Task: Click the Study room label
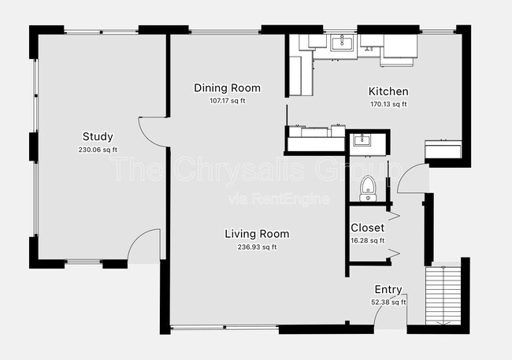98,136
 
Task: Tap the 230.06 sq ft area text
98,150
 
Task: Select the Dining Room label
228,88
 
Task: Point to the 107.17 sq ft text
228,101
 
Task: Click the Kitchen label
388,91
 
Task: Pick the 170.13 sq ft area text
388,104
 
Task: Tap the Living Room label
257,234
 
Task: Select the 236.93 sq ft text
257,247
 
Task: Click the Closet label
367,228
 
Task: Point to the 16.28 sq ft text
367,241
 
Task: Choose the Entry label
388,289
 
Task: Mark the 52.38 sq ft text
388,302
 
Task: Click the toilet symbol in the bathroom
368,188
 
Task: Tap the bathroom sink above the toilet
362,139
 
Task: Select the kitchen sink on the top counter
342,43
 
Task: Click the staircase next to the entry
443,296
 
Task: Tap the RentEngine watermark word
291,199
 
